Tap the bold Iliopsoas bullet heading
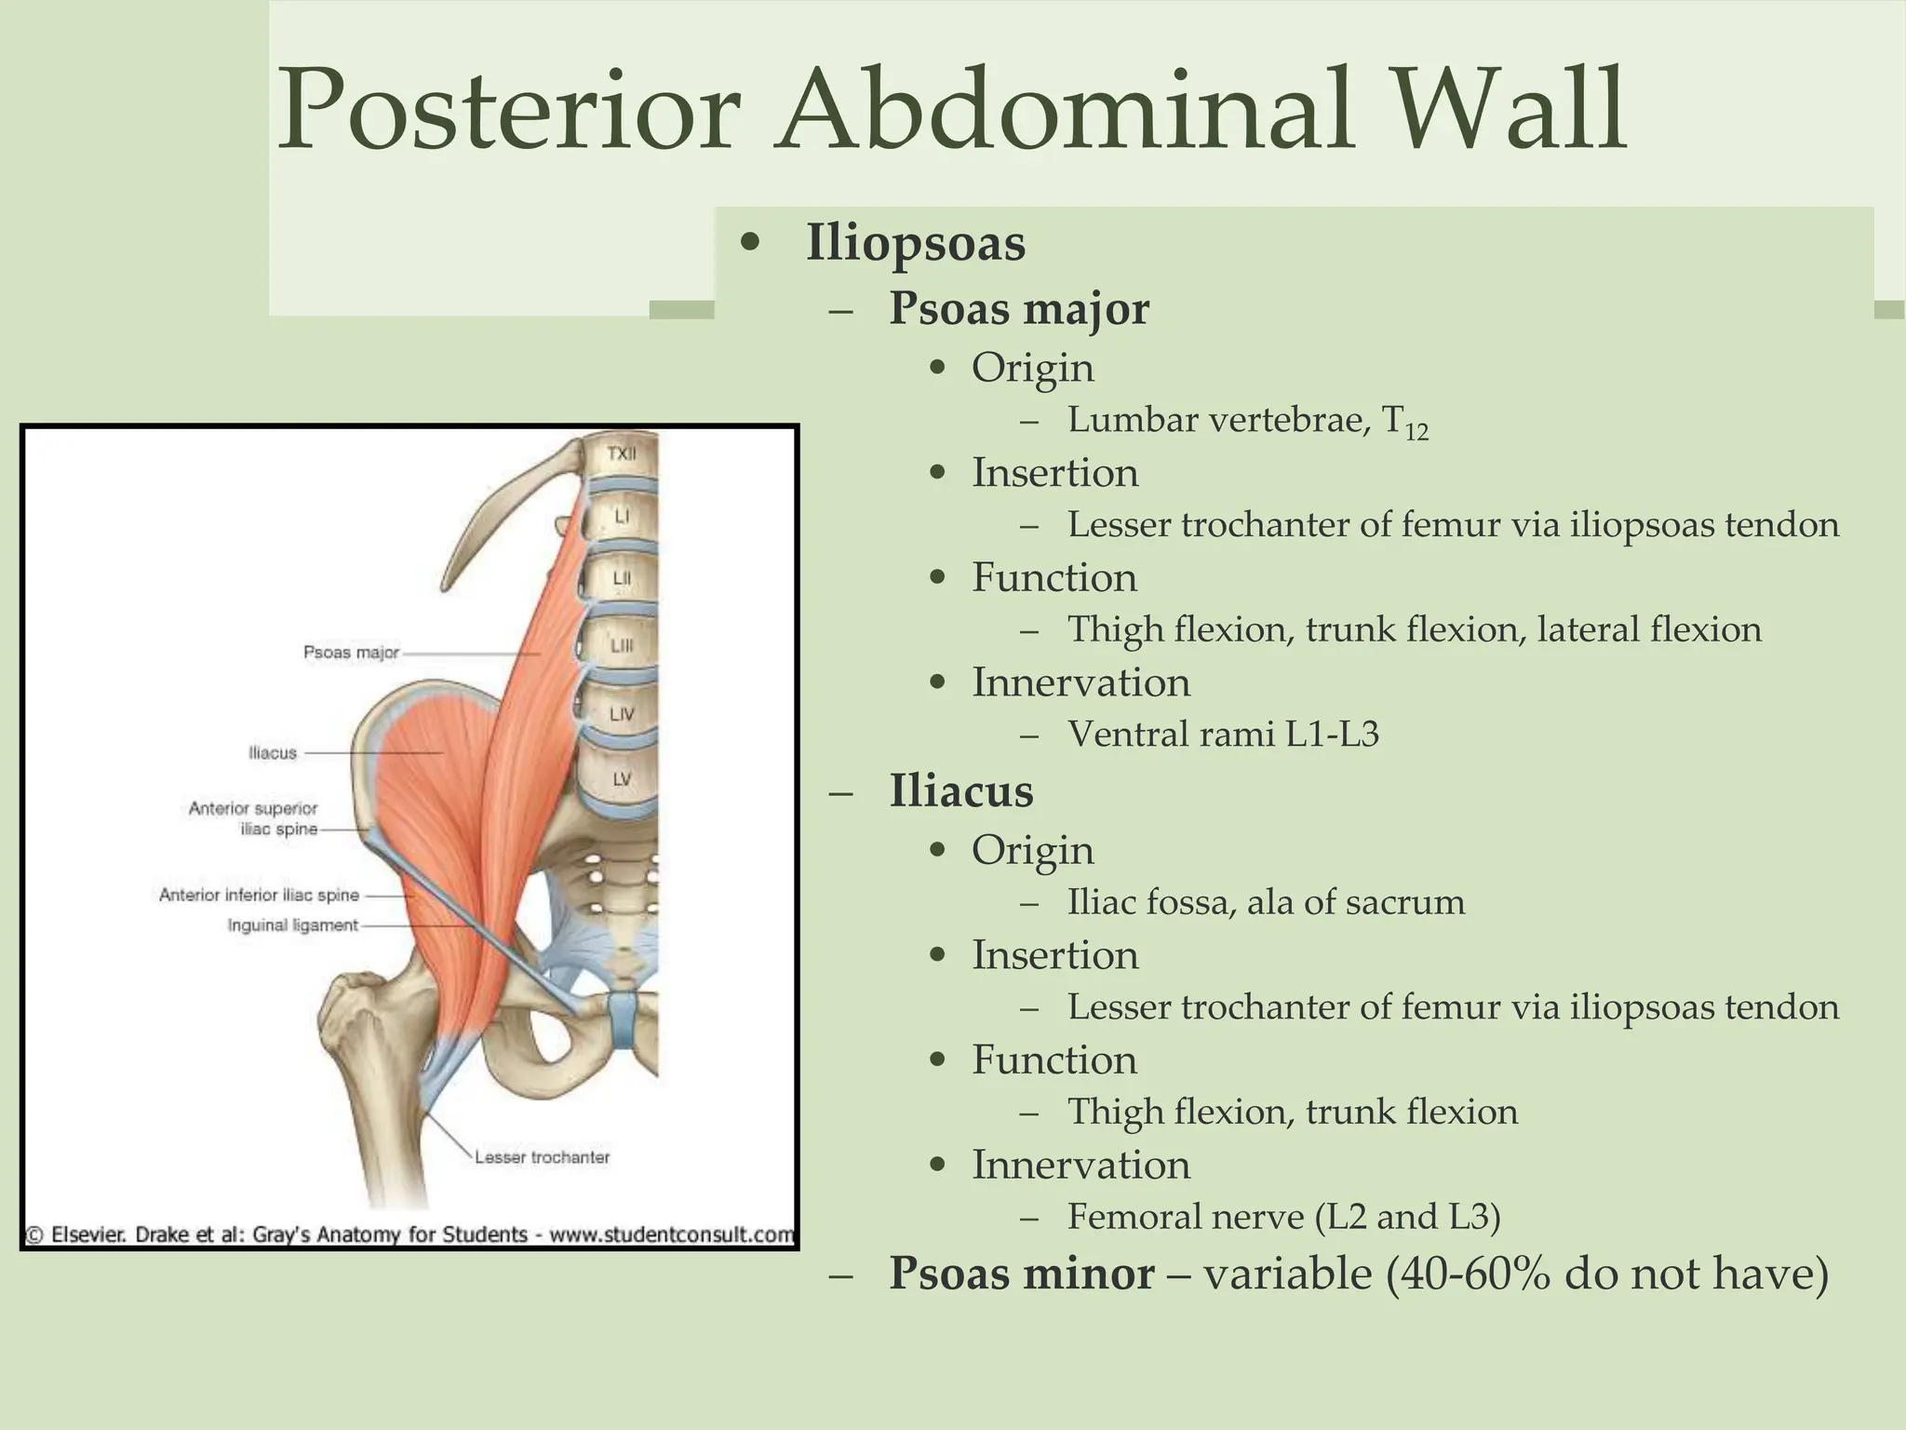[x=915, y=244]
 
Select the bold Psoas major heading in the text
[x=1018, y=308]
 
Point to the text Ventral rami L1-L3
[x=1222, y=735]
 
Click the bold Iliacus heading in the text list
[x=960, y=791]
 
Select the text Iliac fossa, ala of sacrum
[x=1266, y=902]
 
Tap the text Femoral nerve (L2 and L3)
[x=1283, y=1217]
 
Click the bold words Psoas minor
[x=1021, y=1274]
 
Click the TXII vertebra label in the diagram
[x=622, y=454]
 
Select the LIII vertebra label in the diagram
[x=622, y=645]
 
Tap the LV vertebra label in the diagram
[x=622, y=778]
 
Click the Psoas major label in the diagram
[x=351, y=653]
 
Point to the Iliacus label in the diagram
[x=273, y=752]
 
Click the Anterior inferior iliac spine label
[x=259, y=895]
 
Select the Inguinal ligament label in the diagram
[x=292, y=925]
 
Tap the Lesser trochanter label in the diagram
[x=542, y=1157]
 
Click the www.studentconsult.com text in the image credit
[x=671, y=1235]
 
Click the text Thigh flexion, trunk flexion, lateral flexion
[x=1414, y=630]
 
